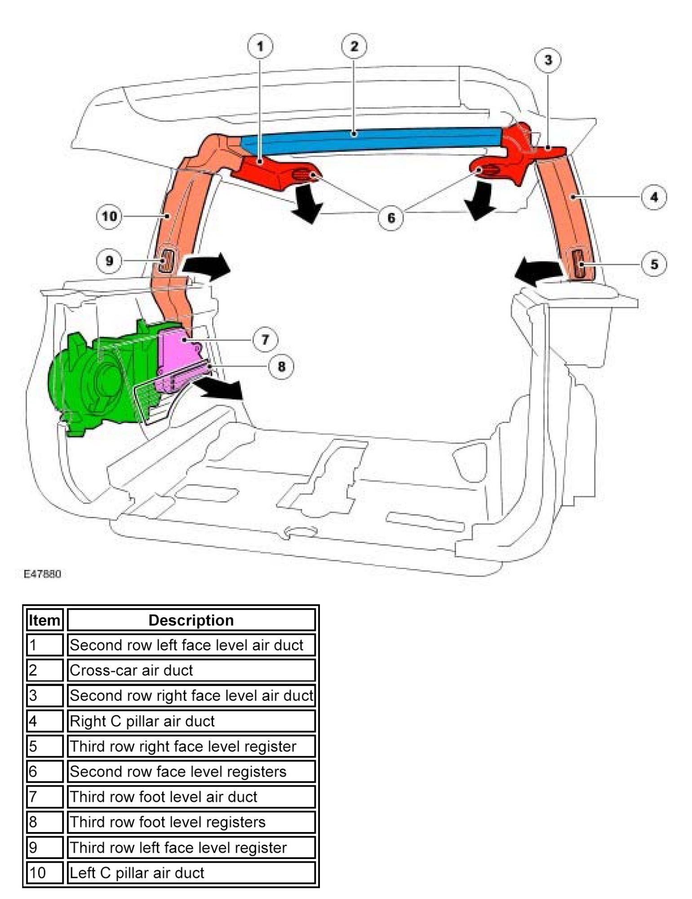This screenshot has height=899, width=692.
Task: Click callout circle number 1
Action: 260,46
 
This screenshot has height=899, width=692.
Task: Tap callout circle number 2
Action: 354,46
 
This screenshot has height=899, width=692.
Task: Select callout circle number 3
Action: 548,60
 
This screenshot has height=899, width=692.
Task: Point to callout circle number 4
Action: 654,197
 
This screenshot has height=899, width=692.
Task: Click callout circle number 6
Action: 391,218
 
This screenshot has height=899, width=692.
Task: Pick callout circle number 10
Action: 109,217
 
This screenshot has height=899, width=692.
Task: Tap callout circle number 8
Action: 281,366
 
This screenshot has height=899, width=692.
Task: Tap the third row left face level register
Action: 166,261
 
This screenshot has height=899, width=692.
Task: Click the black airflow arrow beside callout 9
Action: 207,267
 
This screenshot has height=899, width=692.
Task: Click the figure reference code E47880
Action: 42,574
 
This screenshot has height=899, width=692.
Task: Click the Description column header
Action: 191,620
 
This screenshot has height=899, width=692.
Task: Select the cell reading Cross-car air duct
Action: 191,670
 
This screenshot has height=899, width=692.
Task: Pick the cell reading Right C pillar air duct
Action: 191,721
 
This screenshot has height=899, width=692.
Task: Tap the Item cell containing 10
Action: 44,873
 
